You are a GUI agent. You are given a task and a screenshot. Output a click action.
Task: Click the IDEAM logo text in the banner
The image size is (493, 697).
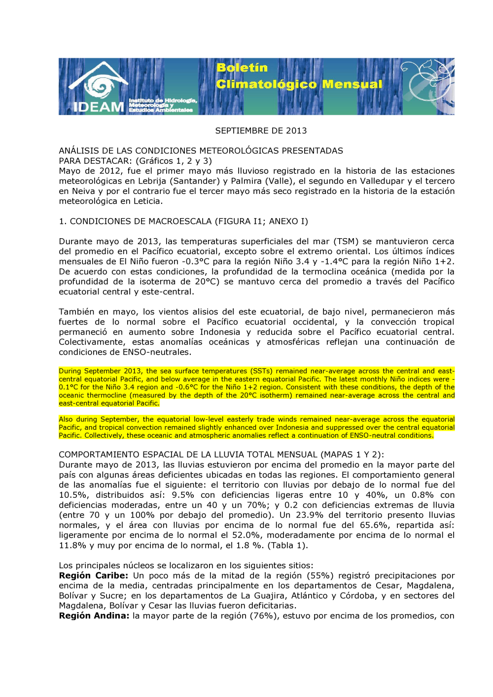coord(98,107)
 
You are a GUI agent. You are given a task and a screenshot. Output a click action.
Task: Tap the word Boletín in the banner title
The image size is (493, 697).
coord(242,68)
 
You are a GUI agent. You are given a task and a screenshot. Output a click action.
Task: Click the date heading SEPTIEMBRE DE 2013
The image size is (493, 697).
coord(261,131)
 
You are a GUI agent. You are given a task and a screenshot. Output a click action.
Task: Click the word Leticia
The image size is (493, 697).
coord(146,201)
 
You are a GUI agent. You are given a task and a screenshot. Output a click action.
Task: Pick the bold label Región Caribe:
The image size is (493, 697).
coord(93,576)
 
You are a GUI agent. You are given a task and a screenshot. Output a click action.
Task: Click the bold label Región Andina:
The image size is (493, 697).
coord(94,616)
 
